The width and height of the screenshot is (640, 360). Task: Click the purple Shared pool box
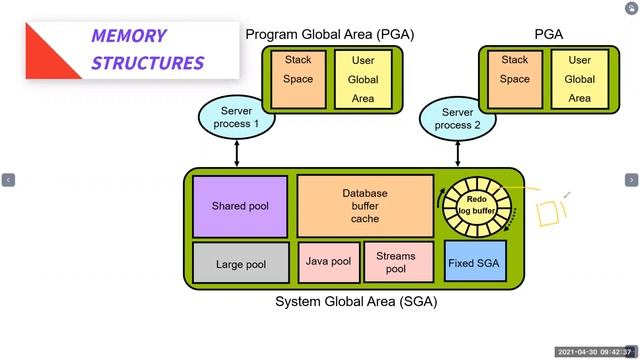(x=240, y=206)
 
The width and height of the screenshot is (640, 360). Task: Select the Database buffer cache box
(x=365, y=205)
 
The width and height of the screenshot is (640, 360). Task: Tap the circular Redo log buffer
(x=476, y=206)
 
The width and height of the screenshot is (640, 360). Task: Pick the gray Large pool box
(x=240, y=264)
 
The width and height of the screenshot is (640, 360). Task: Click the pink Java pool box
(x=327, y=262)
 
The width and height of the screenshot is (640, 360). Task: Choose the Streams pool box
(x=395, y=262)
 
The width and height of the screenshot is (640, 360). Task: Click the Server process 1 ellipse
(x=237, y=116)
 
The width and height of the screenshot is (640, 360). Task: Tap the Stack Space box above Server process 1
(x=298, y=79)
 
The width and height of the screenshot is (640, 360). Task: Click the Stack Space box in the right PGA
(x=515, y=79)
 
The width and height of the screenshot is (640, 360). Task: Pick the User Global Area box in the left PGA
(x=363, y=79)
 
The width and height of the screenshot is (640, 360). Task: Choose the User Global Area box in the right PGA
(x=580, y=79)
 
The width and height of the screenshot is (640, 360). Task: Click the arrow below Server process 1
(x=237, y=153)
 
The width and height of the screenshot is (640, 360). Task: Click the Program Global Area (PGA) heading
(x=329, y=34)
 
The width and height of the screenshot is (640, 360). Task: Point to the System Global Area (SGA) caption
(x=355, y=301)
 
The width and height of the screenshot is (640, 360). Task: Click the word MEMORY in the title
(x=128, y=36)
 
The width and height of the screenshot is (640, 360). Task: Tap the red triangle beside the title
(x=50, y=55)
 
